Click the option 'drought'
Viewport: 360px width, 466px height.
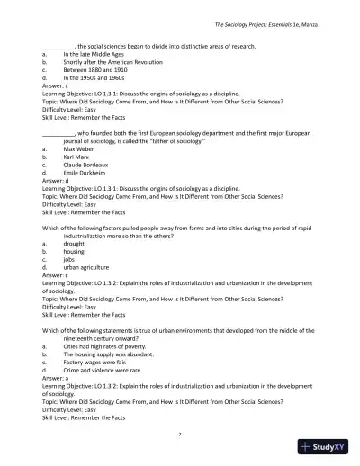click(x=75, y=243)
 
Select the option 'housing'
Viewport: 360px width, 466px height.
click(x=75, y=251)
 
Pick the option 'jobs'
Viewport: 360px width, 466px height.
click(x=70, y=259)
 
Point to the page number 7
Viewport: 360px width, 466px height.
click(x=180, y=434)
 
